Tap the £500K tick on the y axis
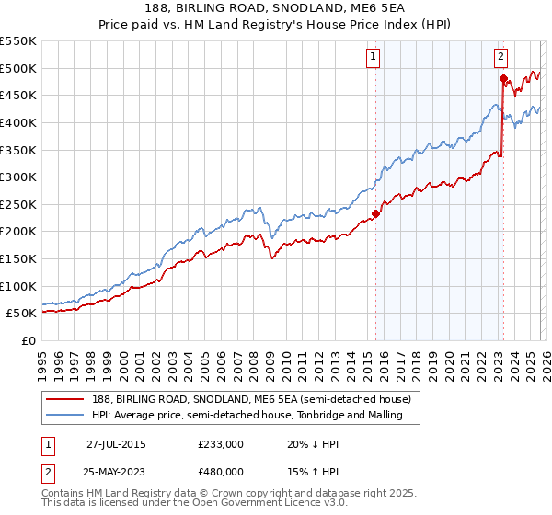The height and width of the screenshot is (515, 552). [x=18, y=68]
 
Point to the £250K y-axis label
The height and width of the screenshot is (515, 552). [x=18, y=204]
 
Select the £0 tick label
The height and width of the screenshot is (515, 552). [x=28, y=340]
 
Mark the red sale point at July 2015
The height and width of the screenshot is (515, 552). [x=375, y=213]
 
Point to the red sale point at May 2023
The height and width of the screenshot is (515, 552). [x=503, y=79]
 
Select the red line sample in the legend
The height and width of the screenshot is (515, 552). [x=64, y=399]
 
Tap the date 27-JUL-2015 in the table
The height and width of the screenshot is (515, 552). [x=116, y=444]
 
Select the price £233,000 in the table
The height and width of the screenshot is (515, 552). [x=221, y=444]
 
